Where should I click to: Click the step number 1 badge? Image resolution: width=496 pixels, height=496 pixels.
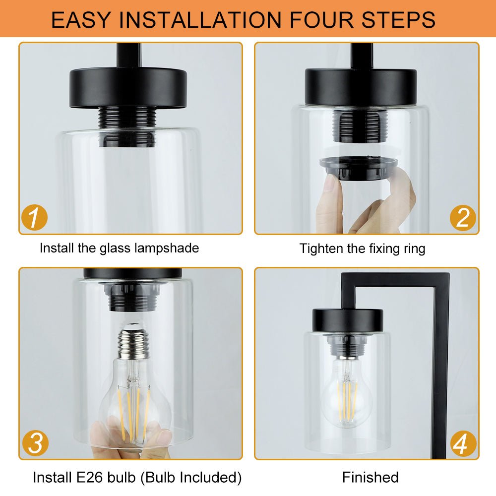coord(35,218)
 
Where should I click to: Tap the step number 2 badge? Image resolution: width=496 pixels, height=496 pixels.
coord(463,218)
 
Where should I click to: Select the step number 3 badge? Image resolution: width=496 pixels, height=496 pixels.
coord(35,443)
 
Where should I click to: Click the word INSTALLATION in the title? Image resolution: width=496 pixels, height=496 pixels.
coord(200,20)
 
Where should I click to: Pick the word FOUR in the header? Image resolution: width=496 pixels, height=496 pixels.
coord(321,20)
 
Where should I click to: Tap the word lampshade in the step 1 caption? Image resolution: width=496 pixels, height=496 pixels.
coord(167,248)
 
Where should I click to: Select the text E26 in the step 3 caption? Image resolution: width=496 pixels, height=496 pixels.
coord(90,477)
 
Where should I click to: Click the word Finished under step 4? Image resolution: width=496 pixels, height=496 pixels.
coord(371,477)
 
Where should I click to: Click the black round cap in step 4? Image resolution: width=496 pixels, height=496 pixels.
coord(348,320)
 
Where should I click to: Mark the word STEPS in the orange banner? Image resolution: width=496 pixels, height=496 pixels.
coord(398,20)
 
